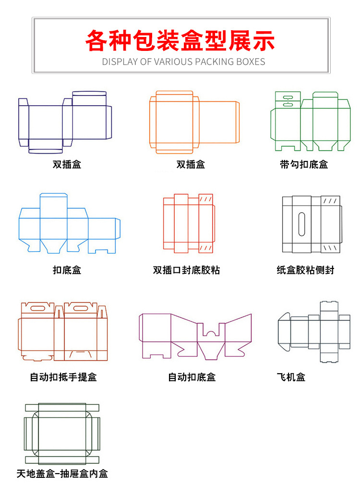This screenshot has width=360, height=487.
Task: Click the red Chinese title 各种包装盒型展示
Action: (180, 40)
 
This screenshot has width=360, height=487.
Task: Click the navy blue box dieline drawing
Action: (65, 122)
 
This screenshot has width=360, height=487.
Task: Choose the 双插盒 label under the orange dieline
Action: (191, 164)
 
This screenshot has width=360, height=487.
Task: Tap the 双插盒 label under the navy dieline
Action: (67, 164)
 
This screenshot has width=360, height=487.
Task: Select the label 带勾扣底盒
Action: (304, 164)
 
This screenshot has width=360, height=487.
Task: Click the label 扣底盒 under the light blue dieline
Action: (67, 270)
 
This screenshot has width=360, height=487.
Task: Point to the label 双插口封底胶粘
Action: (186, 270)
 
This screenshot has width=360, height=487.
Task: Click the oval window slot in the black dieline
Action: (301, 224)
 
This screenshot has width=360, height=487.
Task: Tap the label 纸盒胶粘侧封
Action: (305, 270)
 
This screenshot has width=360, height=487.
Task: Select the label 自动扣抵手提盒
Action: (63, 377)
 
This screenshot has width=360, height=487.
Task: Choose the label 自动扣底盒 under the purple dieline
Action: (192, 377)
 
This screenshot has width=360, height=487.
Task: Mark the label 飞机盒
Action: (291, 377)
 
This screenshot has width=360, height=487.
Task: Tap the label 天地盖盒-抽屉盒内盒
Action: (62, 474)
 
